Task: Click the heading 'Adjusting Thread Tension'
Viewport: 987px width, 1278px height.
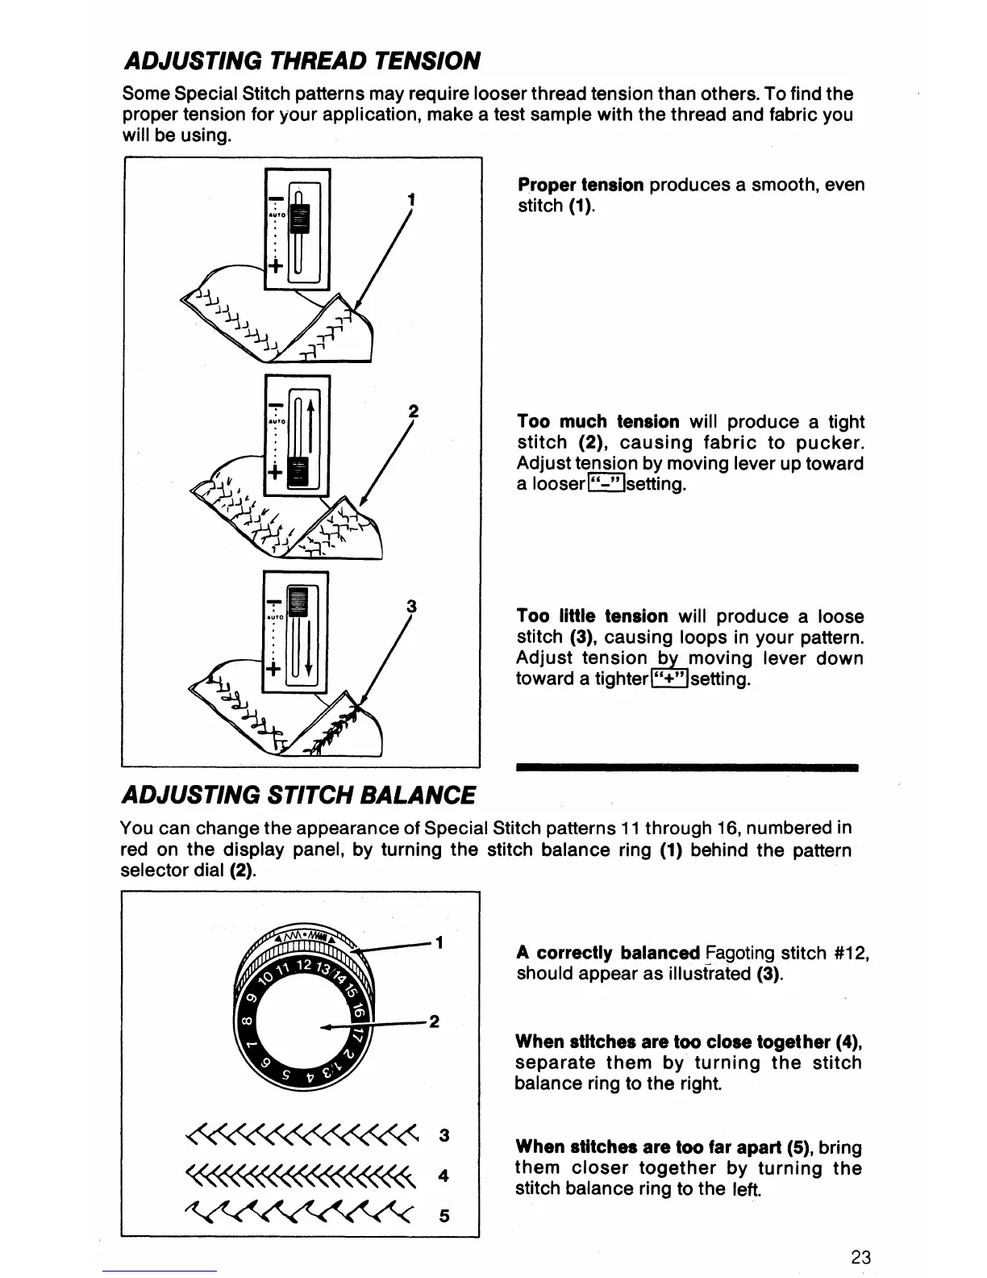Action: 301,60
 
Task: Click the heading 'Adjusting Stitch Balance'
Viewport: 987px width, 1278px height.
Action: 297,795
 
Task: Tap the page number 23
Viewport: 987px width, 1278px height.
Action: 860,1257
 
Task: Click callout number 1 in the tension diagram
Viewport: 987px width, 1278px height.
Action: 412,199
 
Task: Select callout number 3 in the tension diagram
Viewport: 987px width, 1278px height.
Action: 411,606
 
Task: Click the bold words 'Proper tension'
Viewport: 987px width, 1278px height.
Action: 580,186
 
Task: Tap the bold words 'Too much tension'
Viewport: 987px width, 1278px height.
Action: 598,422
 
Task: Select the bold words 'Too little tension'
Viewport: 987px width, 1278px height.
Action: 592,617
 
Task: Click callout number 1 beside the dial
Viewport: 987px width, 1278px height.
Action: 439,942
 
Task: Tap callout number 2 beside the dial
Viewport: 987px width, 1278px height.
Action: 434,1022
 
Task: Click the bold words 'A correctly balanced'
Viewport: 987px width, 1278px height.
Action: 607,954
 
